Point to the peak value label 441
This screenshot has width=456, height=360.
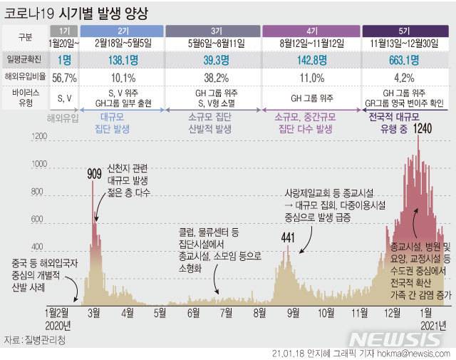click(288, 237)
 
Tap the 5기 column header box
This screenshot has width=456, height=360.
click(404, 31)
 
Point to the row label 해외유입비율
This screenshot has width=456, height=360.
click(26, 78)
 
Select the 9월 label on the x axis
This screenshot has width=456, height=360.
click(293, 312)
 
